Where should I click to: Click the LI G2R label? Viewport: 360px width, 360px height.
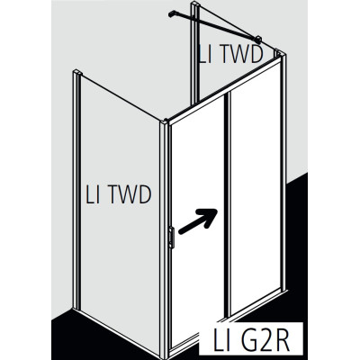pyautogui.click(x=251, y=340)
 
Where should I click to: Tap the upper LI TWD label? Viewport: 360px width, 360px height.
pyautogui.click(x=230, y=54)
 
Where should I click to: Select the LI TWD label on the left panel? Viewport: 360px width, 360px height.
pyautogui.click(x=118, y=194)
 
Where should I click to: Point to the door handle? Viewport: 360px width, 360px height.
pyautogui.click(x=172, y=238)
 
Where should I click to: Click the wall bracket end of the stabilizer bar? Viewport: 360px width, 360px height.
pyautogui.click(x=171, y=13)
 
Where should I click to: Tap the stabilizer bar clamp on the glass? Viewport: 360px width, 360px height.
pyautogui.click(x=257, y=40)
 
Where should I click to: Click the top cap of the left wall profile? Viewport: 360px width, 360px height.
pyautogui.click(x=77, y=73)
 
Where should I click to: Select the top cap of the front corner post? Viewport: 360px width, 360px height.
pyautogui.click(x=164, y=123)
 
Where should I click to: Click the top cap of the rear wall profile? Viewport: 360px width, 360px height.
pyautogui.click(x=195, y=4)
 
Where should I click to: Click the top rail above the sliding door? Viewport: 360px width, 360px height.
pyautogui.click(x=225, y=91)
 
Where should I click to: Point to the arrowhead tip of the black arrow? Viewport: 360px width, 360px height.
pyautogui.click(x=217, y=209)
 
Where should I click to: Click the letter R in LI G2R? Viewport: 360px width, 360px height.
pyautogui.click(x=281, y=340)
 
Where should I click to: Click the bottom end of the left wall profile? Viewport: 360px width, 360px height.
pyautogui.click(x=76, y=309)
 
